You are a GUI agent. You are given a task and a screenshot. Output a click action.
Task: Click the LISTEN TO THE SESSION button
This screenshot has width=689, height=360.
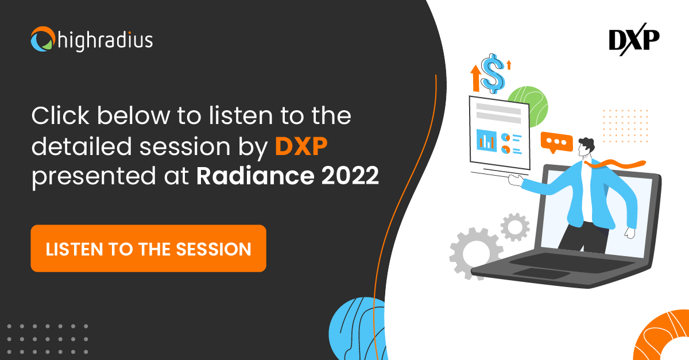tap(148, 248)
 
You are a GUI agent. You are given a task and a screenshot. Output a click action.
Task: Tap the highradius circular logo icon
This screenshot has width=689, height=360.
tap(42, 39)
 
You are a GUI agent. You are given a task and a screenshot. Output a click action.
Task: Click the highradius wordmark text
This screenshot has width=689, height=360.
tap(105, 40)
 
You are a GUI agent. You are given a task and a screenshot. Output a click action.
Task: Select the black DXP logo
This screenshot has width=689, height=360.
tap(634, 40)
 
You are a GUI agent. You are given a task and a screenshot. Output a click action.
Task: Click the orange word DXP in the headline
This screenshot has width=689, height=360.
tap(301, 146)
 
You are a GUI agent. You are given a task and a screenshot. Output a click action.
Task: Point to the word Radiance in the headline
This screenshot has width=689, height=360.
tap(256, 176)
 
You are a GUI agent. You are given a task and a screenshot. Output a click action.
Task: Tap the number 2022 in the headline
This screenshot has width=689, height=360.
tap(350, 176)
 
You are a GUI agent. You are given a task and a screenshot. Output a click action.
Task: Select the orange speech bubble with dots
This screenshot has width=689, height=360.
tap(557, 142)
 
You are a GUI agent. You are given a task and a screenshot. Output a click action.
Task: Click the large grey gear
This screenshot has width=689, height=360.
tap(475, 253)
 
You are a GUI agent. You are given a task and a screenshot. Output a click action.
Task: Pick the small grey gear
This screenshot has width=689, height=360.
tap(515, 227)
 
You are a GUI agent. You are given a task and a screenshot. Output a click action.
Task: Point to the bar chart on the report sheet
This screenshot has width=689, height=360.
tap(486, 140)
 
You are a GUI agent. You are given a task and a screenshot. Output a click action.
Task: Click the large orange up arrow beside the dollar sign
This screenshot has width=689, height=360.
tap(476, 78)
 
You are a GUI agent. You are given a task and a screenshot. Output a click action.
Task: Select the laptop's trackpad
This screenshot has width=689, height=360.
tap(541, 273)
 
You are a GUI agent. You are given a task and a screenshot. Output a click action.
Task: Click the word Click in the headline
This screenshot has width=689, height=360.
tap(60, 116)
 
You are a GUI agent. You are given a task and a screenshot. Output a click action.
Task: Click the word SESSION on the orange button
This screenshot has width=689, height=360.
tap(214, 249)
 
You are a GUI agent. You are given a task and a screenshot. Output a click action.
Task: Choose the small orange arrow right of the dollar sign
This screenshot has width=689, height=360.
tap(509, 65)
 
